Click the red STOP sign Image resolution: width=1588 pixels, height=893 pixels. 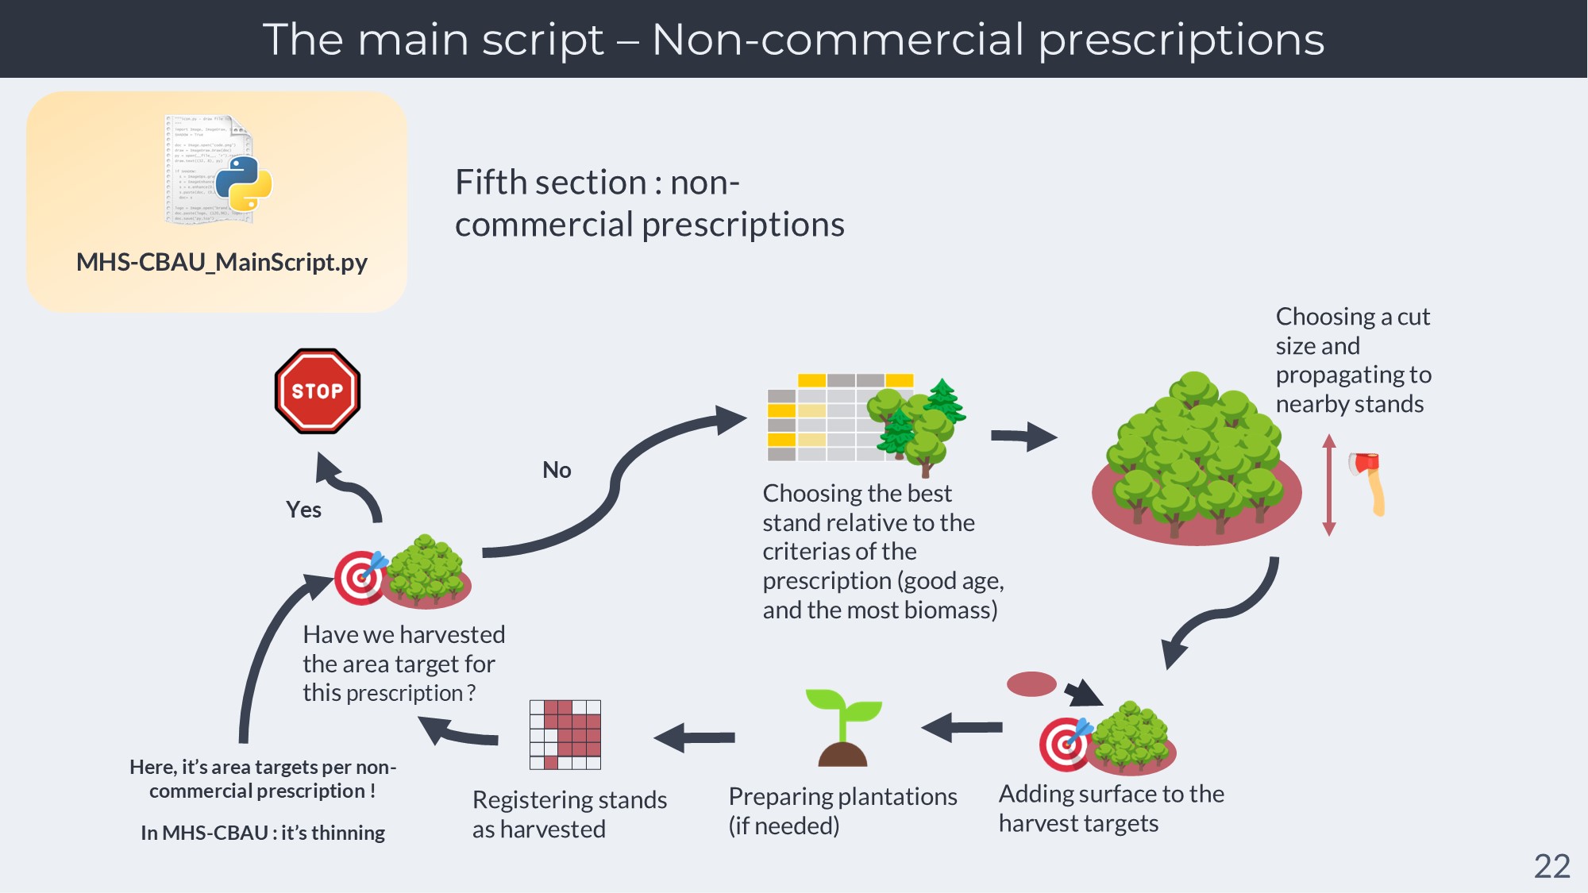(318, 391)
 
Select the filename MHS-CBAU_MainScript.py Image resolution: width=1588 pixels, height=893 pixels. (222, 262)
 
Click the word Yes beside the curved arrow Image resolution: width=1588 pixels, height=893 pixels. (303, 510)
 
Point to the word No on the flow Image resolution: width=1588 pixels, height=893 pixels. (557, 470)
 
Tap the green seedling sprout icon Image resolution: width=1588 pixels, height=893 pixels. (843, 727)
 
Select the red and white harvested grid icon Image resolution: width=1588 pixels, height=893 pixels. (565, 734)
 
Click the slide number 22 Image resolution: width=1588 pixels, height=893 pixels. (1551, 866)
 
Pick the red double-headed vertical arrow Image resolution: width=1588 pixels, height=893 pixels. (1329, 485)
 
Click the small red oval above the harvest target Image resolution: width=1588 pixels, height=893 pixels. (1031, 683)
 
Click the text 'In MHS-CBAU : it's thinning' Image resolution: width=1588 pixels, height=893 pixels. (263, 833)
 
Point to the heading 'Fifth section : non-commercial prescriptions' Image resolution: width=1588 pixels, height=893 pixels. (649, 203)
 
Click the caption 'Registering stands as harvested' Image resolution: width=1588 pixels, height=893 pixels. (569, 814)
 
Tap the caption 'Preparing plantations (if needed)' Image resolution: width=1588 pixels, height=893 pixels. (842, 810)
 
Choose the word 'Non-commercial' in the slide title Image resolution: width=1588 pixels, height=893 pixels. (838, 39)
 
